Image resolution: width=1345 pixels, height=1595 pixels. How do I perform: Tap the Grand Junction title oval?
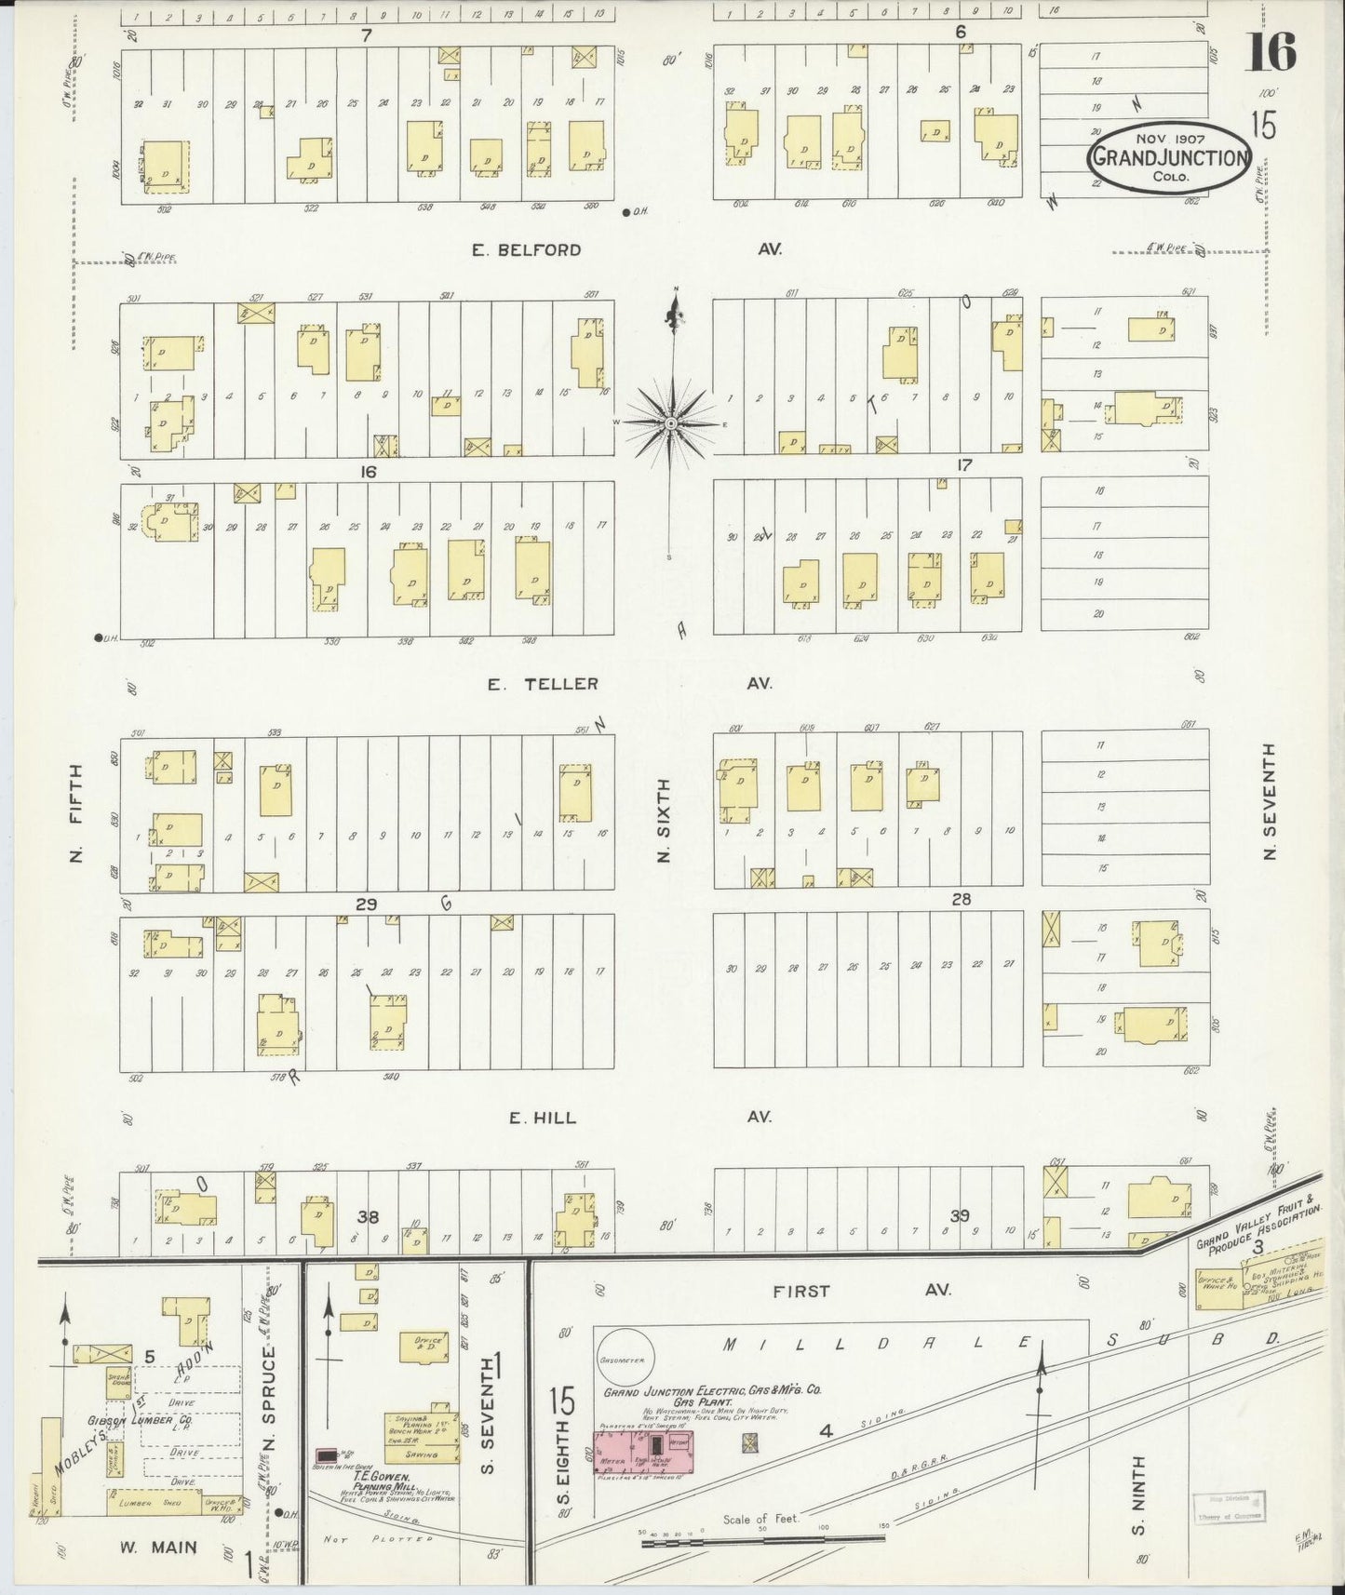click(1169, 158)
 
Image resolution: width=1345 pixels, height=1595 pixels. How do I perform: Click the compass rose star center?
click(671, 423)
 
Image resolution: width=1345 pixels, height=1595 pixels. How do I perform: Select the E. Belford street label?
click(526, 249)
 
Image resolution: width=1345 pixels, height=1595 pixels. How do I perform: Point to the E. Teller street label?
click(544, 684)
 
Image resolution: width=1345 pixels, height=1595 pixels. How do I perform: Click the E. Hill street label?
click(542, 1118)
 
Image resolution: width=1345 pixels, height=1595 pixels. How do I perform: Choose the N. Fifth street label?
click(76, 812)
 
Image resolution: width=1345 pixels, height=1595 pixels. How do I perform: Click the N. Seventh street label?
click(1270, 800)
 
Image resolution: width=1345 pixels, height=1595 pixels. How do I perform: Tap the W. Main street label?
click(158, 1548)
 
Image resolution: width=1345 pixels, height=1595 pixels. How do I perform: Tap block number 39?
click(960, 1215)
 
